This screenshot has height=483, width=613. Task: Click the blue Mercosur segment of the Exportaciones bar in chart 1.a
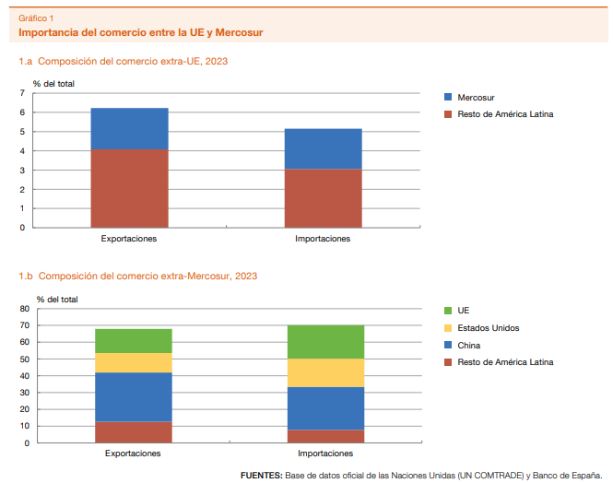click(x=129, y=128)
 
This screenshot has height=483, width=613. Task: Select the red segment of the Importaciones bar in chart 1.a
click(x=322, y=197)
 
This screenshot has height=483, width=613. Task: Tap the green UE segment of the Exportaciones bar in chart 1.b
click(x=133, y=341)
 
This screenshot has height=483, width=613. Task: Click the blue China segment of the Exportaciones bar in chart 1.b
click(x=133, y=396)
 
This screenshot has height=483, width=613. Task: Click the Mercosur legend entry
click(x=479, y=97)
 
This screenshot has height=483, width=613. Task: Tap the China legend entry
click(x=470, y=346)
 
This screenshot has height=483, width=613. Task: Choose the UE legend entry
click(x=464, y=312)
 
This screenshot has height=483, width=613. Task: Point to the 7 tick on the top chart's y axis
click(x=23, y=94)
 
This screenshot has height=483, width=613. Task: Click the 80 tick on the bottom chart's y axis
click(x=24, y=309)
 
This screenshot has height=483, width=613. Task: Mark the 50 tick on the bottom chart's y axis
click(x=24, y=359)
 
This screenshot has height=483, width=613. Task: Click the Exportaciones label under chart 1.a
click(x=129, y=239)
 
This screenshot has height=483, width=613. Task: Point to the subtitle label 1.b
click(x=26, y=276)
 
